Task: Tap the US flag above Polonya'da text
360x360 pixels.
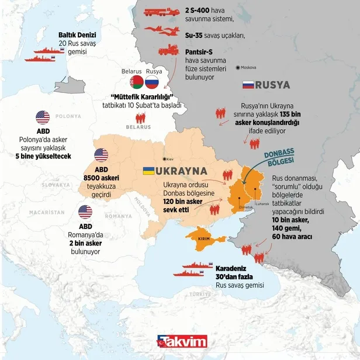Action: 43,117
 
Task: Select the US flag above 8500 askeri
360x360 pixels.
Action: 101,155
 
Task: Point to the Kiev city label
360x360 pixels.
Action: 170,158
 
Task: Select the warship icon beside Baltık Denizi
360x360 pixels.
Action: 39,59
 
